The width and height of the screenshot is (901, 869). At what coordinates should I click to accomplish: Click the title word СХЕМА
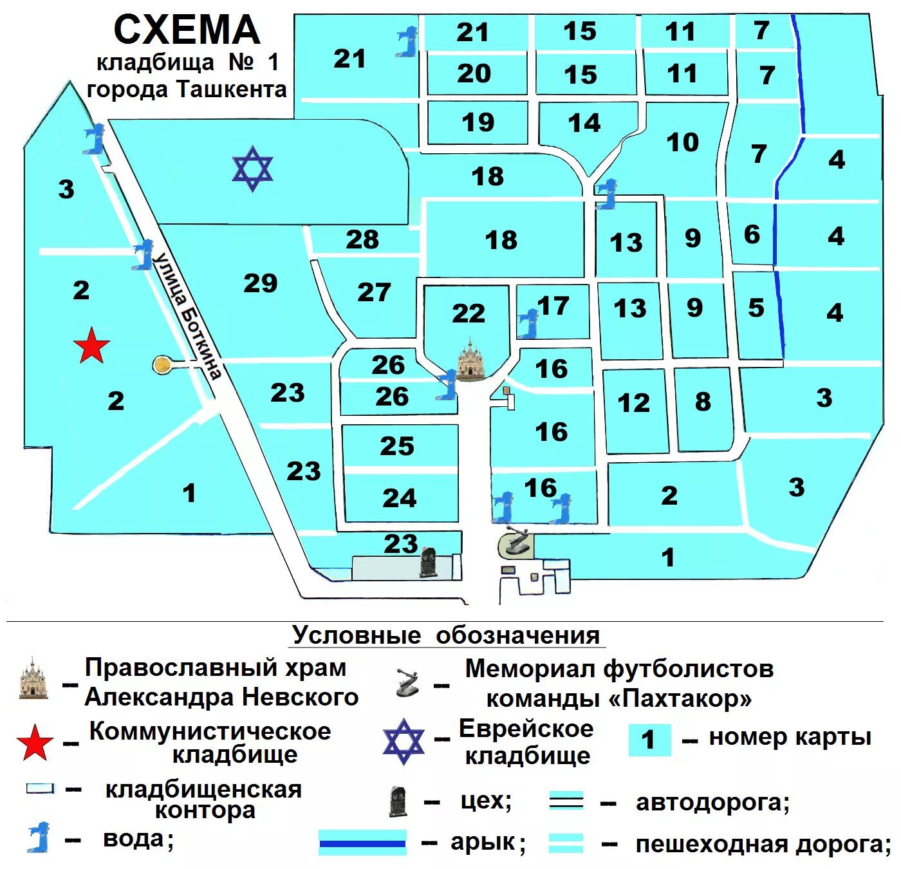pyautogui.click(x=187, y=30)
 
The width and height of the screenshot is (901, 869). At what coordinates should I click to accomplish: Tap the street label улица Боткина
pyautogui.click(x=187, y=315)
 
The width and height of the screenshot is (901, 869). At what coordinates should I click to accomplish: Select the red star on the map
pyautogui.click(x=91, y=346)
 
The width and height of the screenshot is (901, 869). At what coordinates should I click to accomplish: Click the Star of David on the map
pyautogui.click(x=252, y=169)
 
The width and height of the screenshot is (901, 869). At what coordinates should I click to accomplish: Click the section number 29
pyautogui.click(x=261, y=283)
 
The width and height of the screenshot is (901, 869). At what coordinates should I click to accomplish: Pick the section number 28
pyautogui.click(x=362, y=240)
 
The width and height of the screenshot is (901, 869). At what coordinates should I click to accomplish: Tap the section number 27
pyautogui.click(x=374, y=292)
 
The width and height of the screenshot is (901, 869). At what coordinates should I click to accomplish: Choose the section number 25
pyautogui.click(x=397, y=446)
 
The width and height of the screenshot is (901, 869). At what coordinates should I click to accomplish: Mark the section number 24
pyautogui.click(x=400, y=498)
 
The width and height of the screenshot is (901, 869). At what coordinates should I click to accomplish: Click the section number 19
pyautogui.click(x=478, y=122)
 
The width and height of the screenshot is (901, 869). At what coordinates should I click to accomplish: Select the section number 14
pyautogui.click(x=584, y=123)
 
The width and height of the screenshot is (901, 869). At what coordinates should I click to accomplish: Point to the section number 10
pyautogui.click(x=683, y=142)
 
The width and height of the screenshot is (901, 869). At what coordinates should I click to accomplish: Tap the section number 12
pyautogui.click(x=634, y=404)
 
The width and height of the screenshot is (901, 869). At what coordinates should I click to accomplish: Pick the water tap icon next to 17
pyautogui.click(x=529, y=323)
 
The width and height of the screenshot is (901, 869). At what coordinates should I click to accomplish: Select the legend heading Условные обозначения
pyautogui.click(x=446, y=635)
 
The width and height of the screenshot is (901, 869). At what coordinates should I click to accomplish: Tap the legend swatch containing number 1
pyautogui.click(x=649, y=740)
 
